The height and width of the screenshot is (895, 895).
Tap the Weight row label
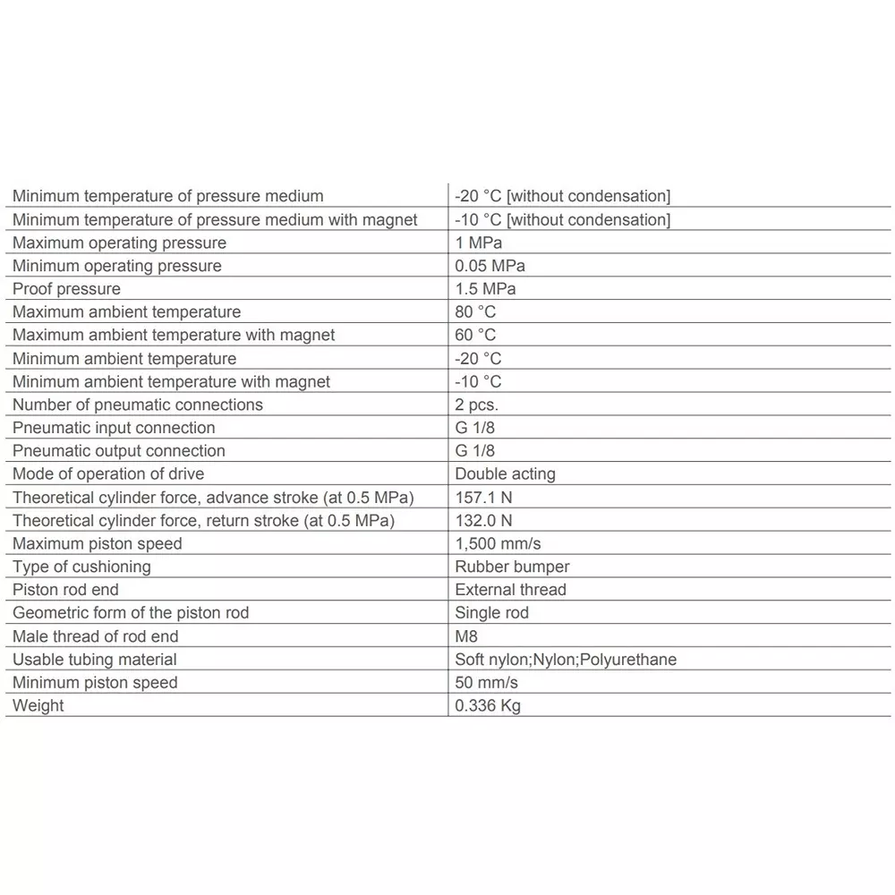click(x=38, y=706)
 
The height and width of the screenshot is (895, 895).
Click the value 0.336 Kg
click(x=488, y=706)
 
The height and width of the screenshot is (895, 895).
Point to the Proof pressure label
click(x=66, y=289)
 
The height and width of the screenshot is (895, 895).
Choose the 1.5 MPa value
click(x=485, y=289)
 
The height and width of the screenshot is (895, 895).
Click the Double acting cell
click(x=505, y=474)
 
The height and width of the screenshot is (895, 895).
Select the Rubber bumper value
click(x=512, y=567)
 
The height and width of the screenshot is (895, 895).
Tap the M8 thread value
click(x=466, y=636)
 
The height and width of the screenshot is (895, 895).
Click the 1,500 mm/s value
click(x=498, y=544)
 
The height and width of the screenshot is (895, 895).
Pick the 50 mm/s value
click(x=486, y=683)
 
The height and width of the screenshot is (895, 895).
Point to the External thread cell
click(x=510, y=590)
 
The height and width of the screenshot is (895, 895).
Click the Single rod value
click(x=491, y=613)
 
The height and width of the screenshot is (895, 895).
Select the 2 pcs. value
click(x=476, y=405)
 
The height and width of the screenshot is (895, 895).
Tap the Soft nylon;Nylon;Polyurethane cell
click(x=566, y=660)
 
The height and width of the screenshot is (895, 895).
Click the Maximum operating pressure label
click(x=119, y=243)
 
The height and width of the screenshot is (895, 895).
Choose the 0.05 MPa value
click(x=490, y=266)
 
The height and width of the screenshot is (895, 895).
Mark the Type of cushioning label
click(x=81, y=567)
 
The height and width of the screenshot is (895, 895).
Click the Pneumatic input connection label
click(x=114, y=428)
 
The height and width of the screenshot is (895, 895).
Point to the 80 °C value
click(x=474, y=312)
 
